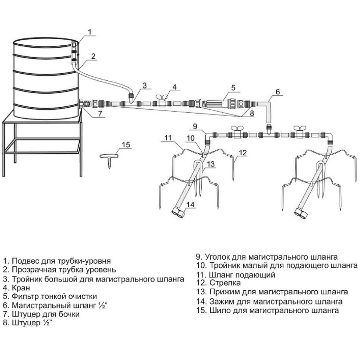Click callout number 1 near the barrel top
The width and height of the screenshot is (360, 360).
[90, 32]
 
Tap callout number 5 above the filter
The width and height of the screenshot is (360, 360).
[233, 88]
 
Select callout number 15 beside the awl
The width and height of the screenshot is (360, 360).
[126, 145]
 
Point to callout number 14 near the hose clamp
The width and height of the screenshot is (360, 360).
[190, 204]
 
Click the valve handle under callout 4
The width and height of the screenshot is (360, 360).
[162, 97]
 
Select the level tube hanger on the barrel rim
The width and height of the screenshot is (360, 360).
[74, 52]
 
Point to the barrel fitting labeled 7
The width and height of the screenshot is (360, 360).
[84, 104]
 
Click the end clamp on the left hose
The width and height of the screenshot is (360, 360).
[178, 213]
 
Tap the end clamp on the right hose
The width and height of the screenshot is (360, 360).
[301, 214]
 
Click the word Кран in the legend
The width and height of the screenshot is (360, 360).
[21, 288]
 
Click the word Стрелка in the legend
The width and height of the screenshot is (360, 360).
[225, 283]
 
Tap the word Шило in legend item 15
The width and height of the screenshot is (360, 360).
[220, 310]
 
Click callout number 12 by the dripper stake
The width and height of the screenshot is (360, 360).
[243, 153]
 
